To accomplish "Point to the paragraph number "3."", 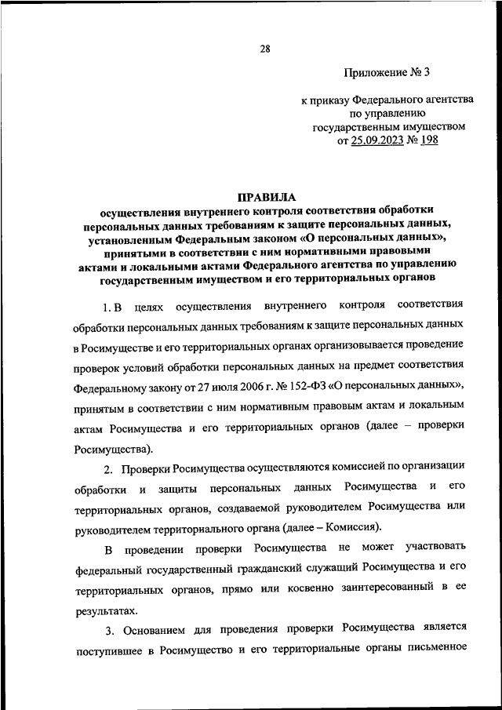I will tap(109, 628).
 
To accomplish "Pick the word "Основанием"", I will tap(155, 628).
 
